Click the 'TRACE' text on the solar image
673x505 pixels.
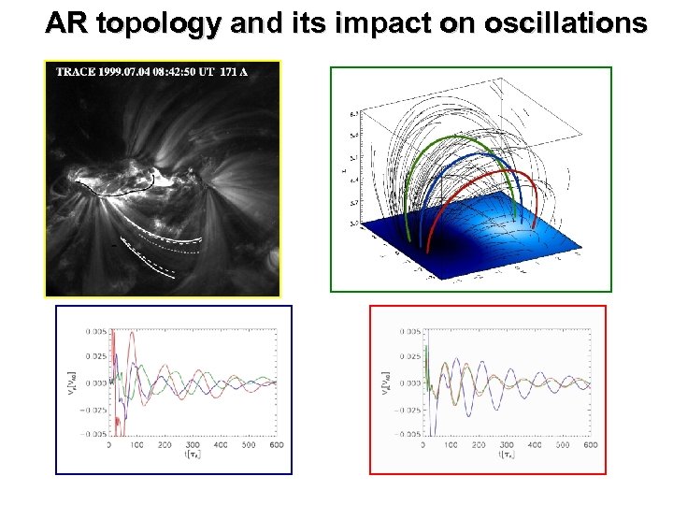[75, 72]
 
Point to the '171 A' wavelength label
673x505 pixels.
[233, 72]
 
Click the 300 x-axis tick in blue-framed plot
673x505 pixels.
[193, 446]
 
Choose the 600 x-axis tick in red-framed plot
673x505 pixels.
[590, 446]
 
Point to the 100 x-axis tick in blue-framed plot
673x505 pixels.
[136, 446]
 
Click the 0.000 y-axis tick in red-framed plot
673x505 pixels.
[409, 382]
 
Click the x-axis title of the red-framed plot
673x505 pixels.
[507, 455]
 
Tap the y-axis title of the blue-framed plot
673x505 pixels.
[72, 382]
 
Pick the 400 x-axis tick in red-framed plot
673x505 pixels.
[534, 446]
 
